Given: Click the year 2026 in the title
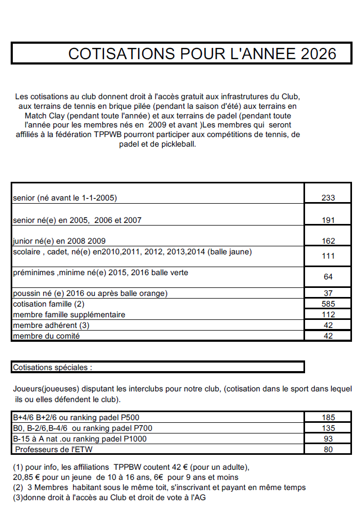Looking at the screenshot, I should pos(318,54).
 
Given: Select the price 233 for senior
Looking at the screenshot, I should pos(328,198).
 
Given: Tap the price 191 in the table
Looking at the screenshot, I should pos(328,220).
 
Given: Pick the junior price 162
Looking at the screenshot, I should pos(328,241).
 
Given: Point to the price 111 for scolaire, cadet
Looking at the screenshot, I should pos(328,256).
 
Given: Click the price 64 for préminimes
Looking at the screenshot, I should pos(328,277).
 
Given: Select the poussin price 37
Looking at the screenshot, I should pos(328,293).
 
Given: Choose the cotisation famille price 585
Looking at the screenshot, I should pos(328,304).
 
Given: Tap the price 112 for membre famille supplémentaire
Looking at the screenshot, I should pos(328,315).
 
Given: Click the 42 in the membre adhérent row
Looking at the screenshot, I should pos(328,325).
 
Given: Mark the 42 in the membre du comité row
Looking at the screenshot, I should pos(328,336).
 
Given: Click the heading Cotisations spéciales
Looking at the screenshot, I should pos(52,367).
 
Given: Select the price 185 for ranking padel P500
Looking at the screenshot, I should pos(328,417).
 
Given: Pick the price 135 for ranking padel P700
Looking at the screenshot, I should pos(328,428).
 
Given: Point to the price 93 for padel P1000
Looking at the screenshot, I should pos(328,439).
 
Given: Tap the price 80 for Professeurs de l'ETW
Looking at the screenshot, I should pos(328,449).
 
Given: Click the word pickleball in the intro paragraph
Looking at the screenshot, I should pos(179,144).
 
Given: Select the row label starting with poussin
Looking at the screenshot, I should pos(90,293).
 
